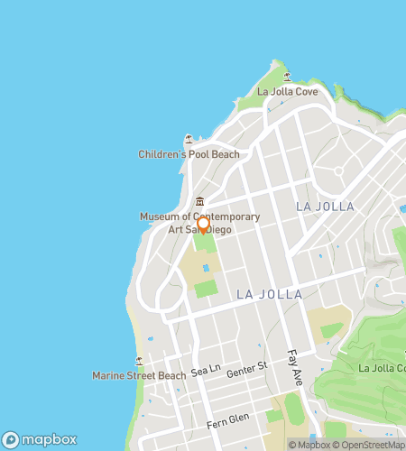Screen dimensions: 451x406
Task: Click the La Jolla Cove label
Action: [x=288, y=92]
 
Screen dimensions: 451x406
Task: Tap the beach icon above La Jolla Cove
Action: [x=288, y=77]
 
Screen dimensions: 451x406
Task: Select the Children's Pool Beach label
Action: [x=189, y=154]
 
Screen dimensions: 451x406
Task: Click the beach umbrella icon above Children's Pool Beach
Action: [x=189, y=139]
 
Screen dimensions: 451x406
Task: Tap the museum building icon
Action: [x=199, y=201]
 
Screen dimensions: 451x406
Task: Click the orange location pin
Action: [x=204, y=225]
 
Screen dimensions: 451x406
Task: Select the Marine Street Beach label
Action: [x=139, y=375]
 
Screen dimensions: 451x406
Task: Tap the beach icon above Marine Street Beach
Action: [x=139, y=360]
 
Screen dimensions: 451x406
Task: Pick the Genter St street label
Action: [x=247, y=367]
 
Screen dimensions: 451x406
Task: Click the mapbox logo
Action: [x=38, y=440]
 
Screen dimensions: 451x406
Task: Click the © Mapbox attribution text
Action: [x=309, y=445]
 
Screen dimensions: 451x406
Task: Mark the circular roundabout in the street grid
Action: [x=339, y=170]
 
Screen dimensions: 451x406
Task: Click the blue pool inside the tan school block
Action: [x=207, y=268]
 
